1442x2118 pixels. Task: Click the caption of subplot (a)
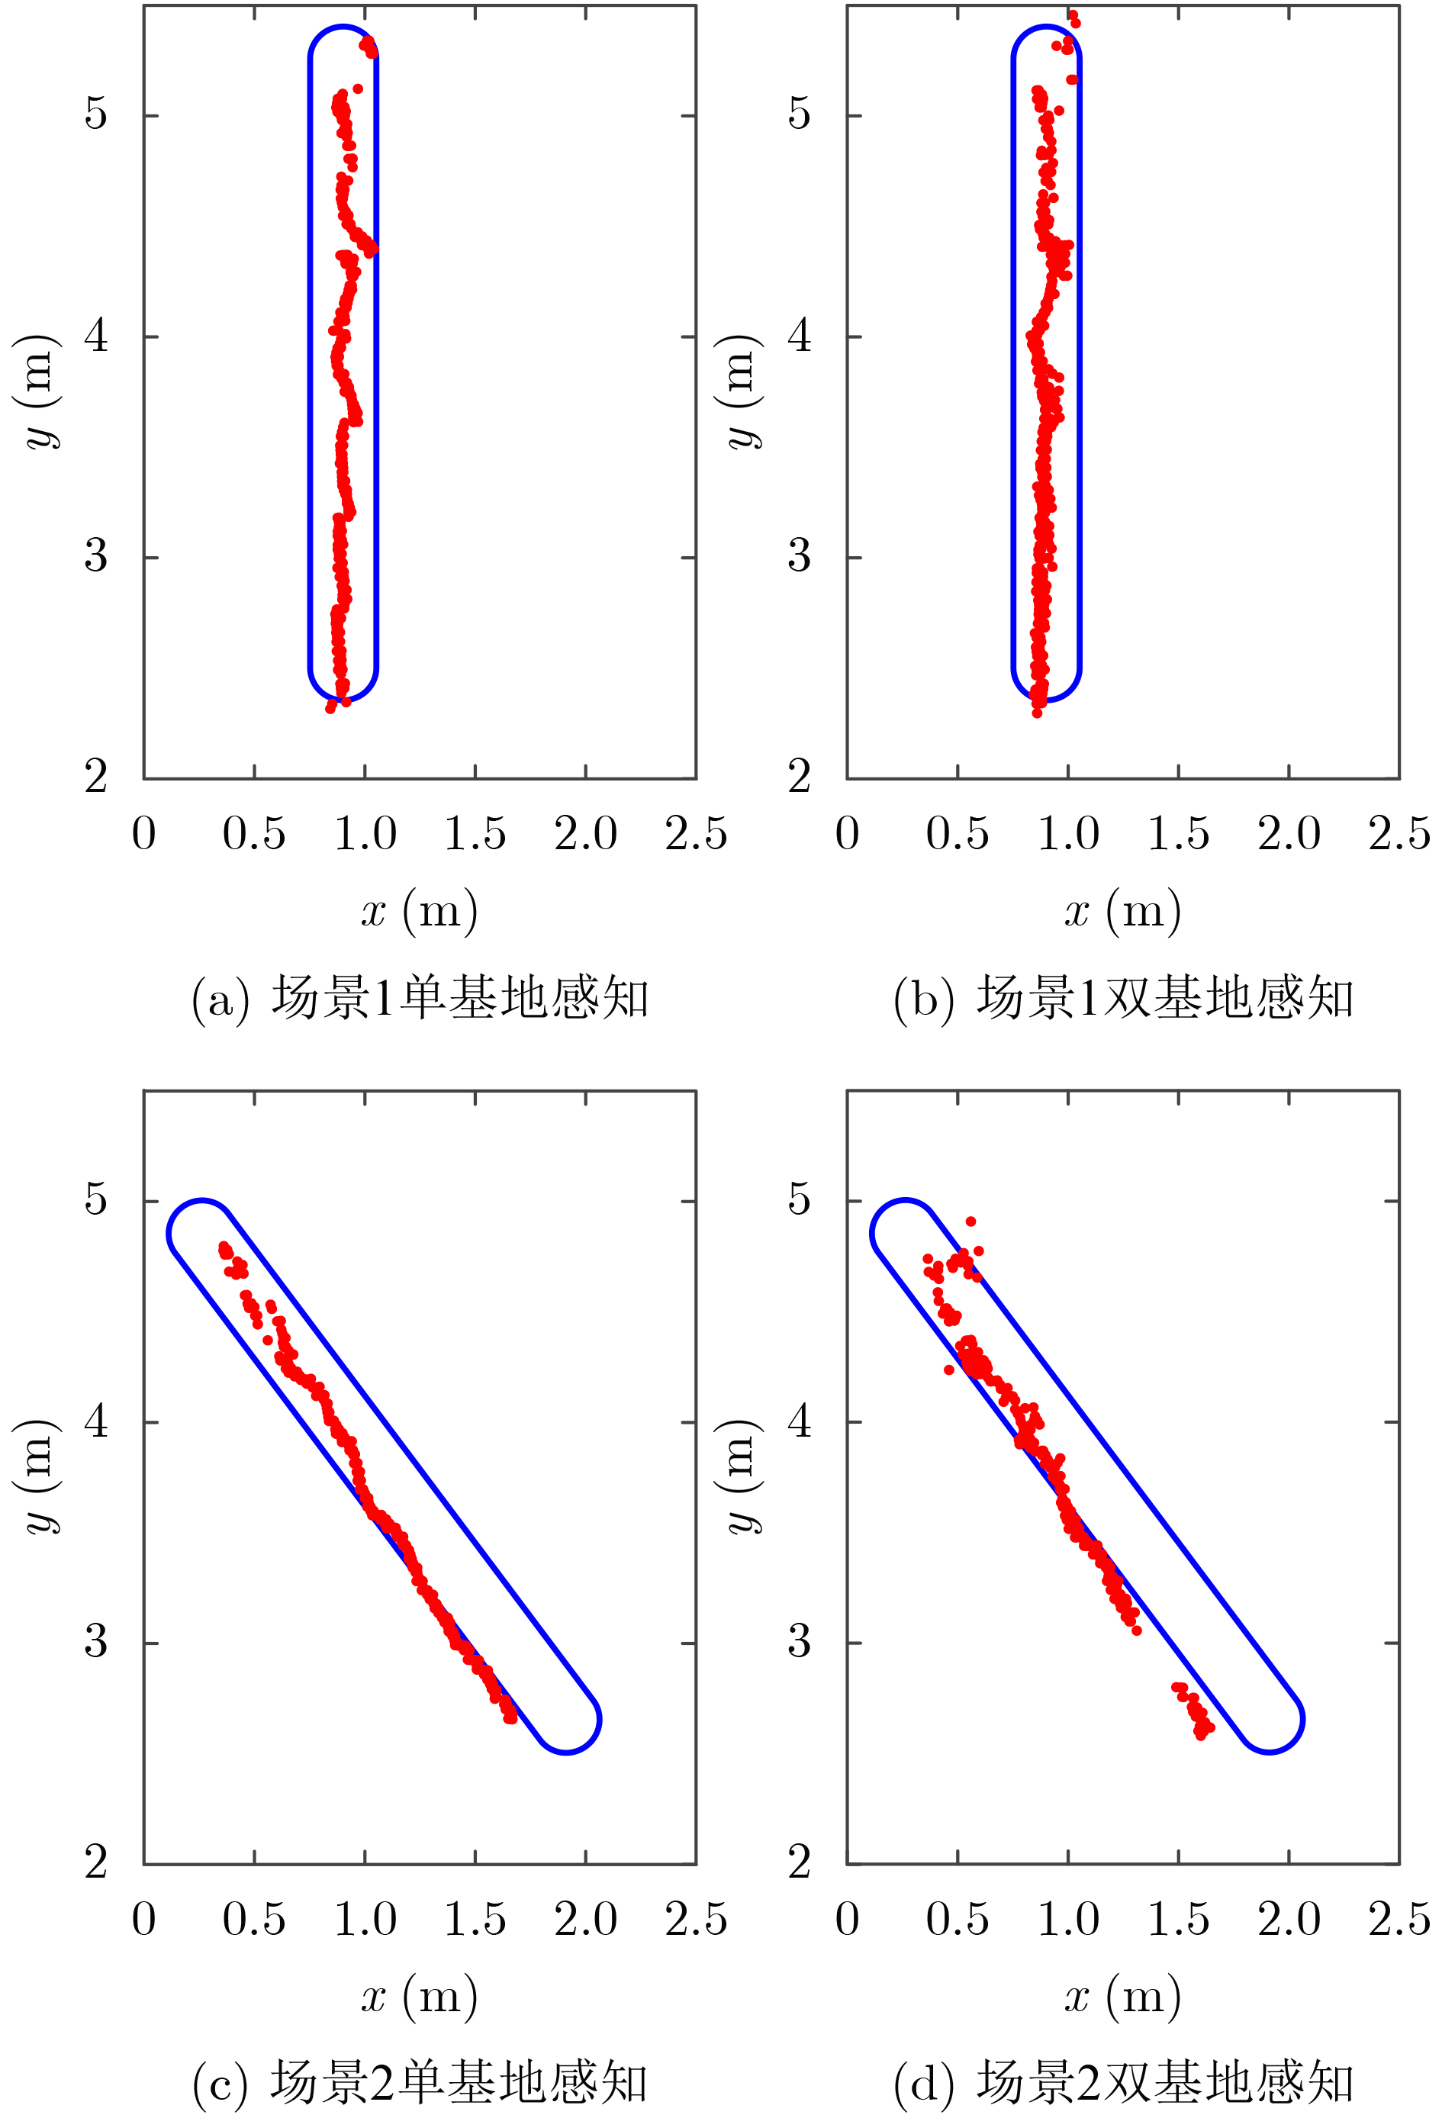click(x=420, y=998)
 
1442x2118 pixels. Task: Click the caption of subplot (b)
click(x=1123, y=998)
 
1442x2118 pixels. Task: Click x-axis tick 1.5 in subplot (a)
click(x=475, y=834)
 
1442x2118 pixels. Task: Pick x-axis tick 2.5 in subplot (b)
click(x=1399, y=834)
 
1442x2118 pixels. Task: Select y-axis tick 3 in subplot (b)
click(x=800, y=556)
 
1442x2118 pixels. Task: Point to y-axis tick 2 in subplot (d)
click(x=800, y=1862)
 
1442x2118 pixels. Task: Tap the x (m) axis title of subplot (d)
click(x=1123, y=1996)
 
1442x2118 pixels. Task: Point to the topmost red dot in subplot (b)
click(x=1073, y=15)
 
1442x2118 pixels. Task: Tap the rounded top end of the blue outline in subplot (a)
click(x=343, y=28)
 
